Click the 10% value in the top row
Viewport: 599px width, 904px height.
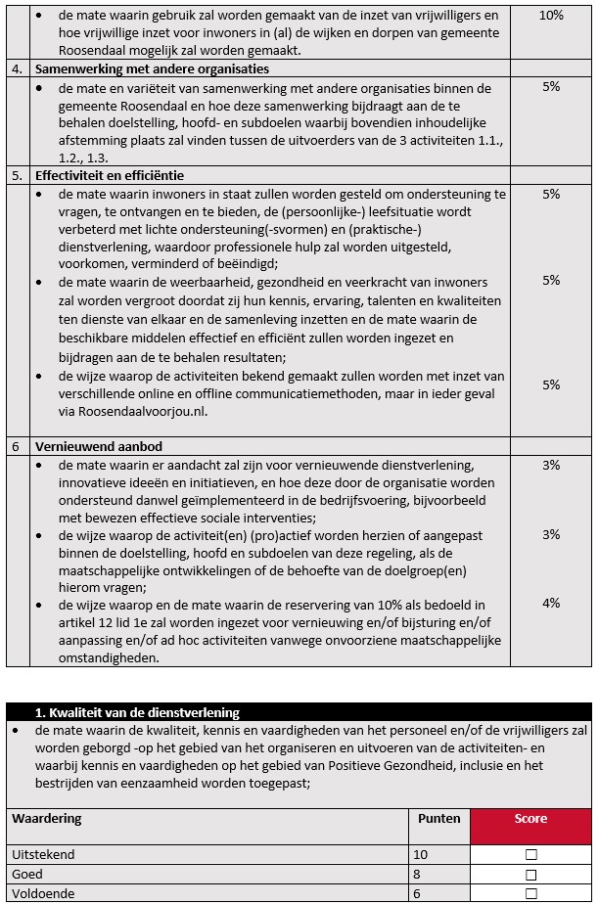(x=551, y=16)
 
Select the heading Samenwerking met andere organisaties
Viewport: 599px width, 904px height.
(x=152, y=69)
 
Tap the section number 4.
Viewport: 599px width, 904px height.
(x=17, y=69)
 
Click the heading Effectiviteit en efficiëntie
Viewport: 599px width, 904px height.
(x=110, y=176)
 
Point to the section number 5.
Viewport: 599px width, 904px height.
(x=17, y=176)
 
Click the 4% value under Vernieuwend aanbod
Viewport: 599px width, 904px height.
(x=551, y=604)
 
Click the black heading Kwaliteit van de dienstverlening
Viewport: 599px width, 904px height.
(x=137, y=712)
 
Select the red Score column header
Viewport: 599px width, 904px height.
(x=531, y=819)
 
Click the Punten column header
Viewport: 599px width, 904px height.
(x=438, y=819)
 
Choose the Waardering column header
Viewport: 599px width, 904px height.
(x=47, y=819)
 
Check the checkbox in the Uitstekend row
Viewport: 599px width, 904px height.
(x=531, y=855)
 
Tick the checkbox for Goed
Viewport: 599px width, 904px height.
(x=531, y=875)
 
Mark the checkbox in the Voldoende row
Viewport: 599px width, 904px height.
(x=531, y=894)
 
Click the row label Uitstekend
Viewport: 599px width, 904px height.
(x=43, y=855)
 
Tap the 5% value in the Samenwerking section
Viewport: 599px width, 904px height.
(x=551, y=87)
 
